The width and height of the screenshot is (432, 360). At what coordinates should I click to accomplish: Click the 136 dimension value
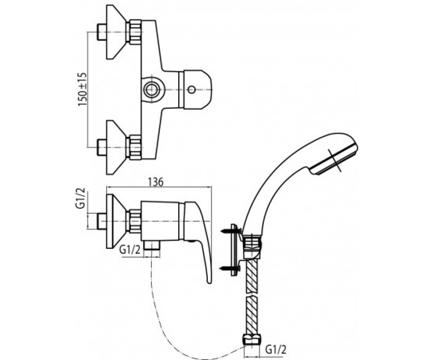click(156, 182)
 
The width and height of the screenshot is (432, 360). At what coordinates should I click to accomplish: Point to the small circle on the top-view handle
click(192, 90)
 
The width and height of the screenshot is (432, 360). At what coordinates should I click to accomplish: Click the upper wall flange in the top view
click(116, 32)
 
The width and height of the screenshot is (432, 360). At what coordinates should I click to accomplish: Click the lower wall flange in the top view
click(116, 147)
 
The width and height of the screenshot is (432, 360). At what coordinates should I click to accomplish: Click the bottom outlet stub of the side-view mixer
click(152, 246)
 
